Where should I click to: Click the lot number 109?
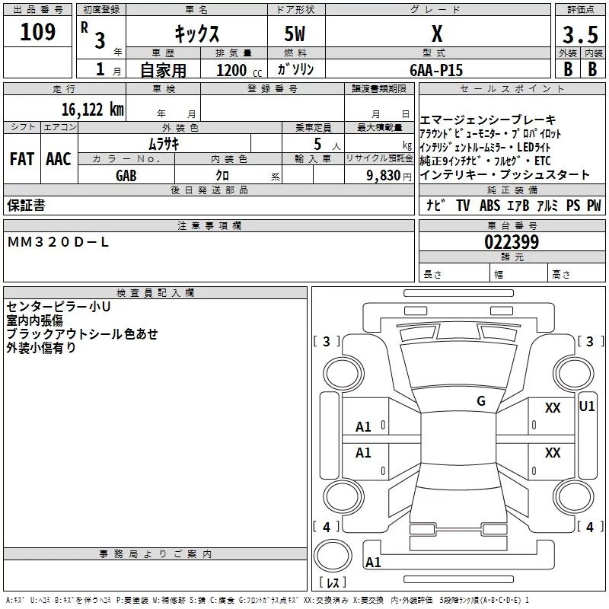pos(37,32)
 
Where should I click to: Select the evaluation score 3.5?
pos(580,35)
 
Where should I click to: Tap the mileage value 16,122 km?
pos(93,110)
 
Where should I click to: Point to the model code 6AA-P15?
pos(436,70)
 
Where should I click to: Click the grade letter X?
pos(437,33)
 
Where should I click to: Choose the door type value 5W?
pos(295,33)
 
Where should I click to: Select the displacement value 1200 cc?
pos(239,71)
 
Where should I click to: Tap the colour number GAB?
pos(126,176)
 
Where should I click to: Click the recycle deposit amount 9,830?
pos(384,176)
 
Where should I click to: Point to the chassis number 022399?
pos(512,242)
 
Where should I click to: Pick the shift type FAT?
pos(22,159)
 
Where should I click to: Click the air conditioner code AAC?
pos(59,159)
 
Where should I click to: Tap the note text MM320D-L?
pos(58,242)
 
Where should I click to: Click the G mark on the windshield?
pos(481,401)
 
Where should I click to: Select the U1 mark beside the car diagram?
pos(586,407)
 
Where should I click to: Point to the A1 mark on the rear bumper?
pos(373,562)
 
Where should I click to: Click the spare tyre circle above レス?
pos(333,556)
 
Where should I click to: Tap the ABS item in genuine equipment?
pos(489,205)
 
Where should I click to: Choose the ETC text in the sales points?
pos(543,161)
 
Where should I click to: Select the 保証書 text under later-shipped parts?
pos(26,205)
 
